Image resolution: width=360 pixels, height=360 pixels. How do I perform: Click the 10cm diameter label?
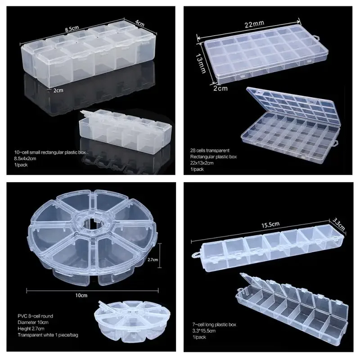point(81,295)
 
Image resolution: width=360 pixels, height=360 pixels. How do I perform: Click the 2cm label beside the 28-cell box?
point(220,89)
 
